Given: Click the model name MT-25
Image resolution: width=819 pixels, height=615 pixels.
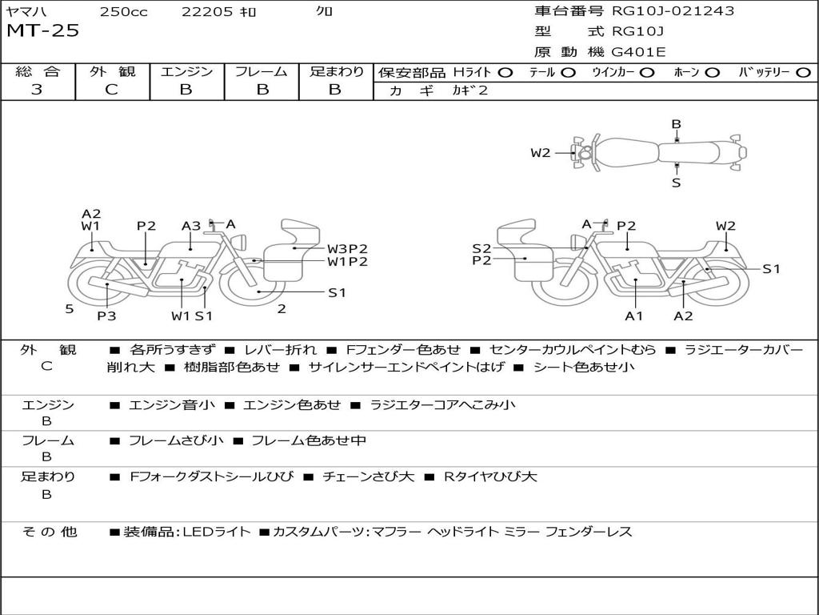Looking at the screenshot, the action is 42,32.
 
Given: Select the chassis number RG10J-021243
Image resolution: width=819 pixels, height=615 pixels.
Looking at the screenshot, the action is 673,11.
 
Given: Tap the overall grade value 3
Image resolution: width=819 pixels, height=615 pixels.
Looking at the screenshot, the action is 36,90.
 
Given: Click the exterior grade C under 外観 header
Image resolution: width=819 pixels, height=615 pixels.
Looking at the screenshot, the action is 111,90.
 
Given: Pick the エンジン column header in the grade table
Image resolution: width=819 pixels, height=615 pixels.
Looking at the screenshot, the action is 186,72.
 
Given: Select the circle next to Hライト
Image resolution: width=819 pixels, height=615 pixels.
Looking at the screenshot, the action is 505,72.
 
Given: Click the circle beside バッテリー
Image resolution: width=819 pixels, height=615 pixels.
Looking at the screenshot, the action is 803,72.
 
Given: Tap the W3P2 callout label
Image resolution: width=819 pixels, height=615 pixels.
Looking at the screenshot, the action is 347,248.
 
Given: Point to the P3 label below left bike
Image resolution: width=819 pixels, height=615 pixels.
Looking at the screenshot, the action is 106,316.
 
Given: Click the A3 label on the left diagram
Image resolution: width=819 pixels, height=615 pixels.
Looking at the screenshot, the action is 190,226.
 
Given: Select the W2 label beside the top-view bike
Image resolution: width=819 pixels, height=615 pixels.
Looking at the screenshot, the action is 541,153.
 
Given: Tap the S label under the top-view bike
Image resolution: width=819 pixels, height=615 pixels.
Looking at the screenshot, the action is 676,183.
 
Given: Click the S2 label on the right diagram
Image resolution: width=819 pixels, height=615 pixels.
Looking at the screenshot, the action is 481,248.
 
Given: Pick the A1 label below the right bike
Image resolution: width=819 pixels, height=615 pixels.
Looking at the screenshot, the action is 634,316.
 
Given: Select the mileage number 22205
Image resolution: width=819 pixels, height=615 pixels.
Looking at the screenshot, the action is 206,11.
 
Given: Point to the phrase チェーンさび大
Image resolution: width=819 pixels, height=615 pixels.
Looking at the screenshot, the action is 368,476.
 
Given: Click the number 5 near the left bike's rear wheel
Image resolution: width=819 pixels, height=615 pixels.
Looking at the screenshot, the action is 70,308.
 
